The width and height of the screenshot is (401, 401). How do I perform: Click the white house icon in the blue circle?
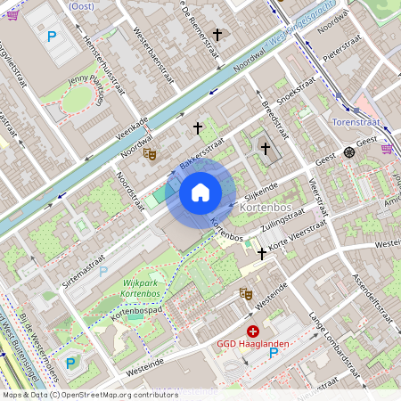[200, 192]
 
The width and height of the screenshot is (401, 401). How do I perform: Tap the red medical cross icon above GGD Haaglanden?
[252, 331]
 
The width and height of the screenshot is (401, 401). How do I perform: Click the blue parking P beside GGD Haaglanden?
[274, 353]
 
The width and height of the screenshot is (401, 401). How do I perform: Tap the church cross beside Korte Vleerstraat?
[261, 254]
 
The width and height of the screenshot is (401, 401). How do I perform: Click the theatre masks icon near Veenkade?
[151, 154]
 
